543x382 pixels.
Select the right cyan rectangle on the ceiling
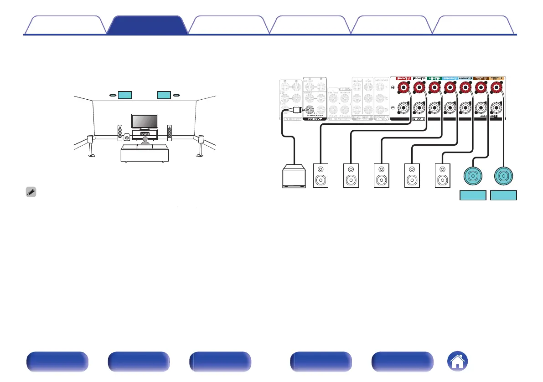pyautogui.click(x=164, y=95)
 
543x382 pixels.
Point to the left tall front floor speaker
pyautogui.click(x=120, y=132)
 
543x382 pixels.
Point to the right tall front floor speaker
pyautogui.click(x=170, y=132)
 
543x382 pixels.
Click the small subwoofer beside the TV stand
pyautogui.click(x=127, y=136)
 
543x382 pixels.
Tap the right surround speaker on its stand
pyautogui.click(x=200, y=145)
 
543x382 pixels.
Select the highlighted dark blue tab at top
pyautogui.click(x=147, y=25)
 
